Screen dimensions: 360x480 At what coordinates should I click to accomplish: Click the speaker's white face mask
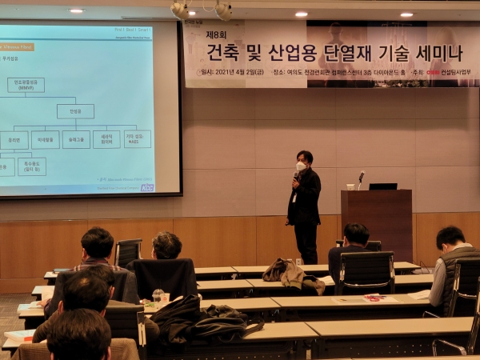301,166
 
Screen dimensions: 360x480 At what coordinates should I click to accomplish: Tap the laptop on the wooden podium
382,186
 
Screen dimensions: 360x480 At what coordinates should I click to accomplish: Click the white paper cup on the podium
350,186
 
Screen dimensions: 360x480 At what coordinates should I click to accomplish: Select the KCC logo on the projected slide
146,188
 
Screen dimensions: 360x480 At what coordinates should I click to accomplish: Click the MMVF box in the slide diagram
26,85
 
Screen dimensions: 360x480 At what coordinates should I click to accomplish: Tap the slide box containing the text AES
137,139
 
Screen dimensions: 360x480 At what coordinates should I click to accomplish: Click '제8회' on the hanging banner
217,35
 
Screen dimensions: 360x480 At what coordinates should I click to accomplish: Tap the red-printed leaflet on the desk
374,298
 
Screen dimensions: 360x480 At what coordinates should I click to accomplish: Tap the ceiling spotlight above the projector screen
77,10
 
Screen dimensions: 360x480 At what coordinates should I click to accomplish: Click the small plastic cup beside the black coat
158,295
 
